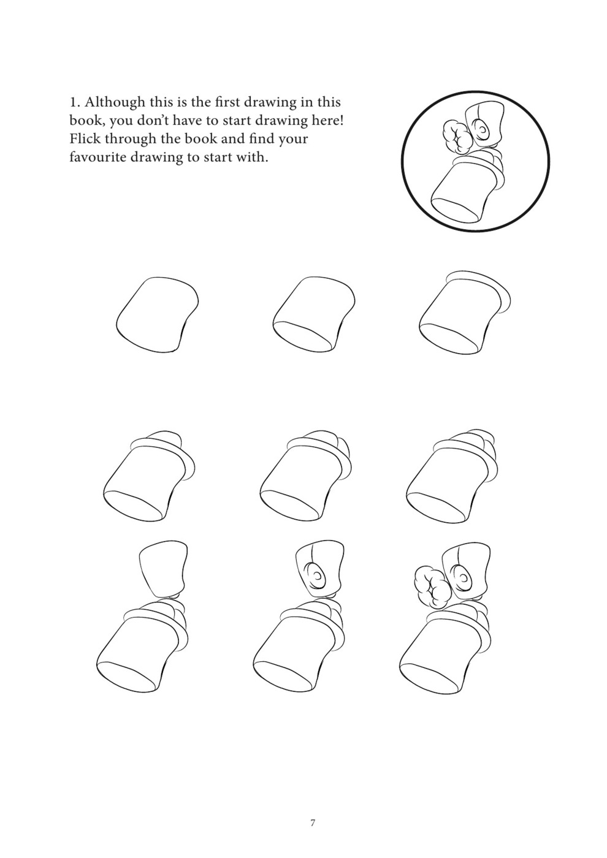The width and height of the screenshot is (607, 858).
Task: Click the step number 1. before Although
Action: click(75, 103)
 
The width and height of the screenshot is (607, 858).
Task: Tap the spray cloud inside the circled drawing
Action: click(456, 137)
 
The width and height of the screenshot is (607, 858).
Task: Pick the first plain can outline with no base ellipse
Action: click(157, 314)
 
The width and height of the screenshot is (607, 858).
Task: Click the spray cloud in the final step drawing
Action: click(432, 589)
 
